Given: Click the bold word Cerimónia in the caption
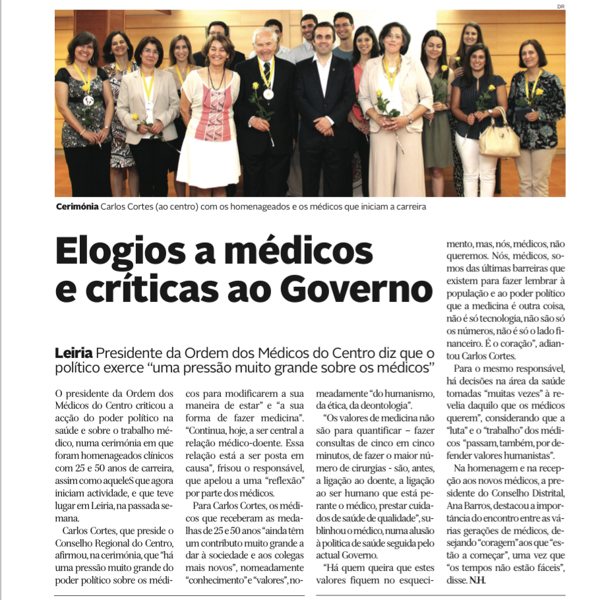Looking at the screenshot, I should click(77, 206).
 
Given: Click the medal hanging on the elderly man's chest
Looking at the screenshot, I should click(268, 94).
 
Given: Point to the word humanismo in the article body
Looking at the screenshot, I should click(404, 393).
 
